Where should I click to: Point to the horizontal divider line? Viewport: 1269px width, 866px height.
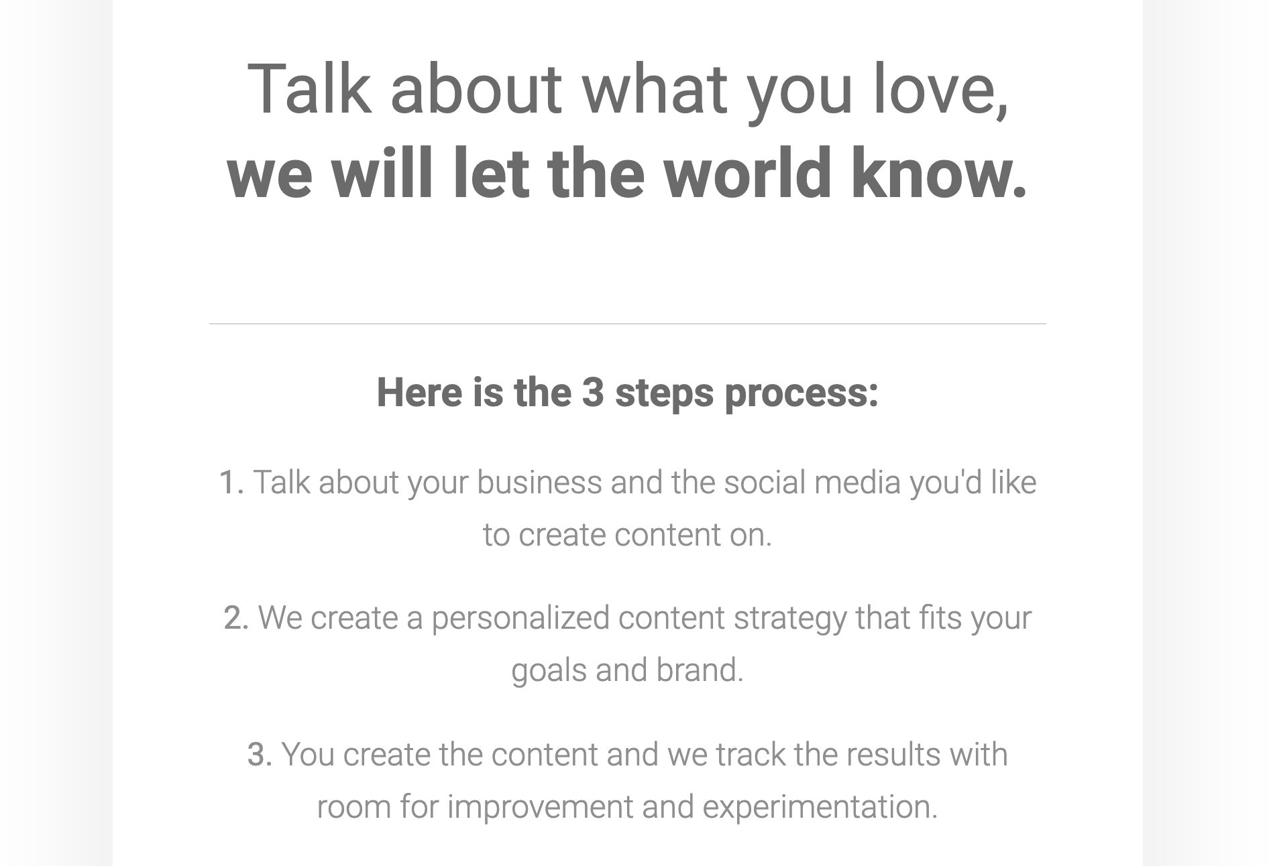click(627, 324)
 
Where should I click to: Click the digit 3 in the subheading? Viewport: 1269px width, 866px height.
click(592, 392)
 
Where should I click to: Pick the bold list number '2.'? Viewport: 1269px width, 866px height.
click(236, 618)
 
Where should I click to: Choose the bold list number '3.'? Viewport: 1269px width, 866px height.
click(260, 755)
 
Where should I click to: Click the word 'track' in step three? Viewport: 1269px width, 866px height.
click(751, 755)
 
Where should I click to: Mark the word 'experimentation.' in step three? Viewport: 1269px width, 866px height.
click(820, 807)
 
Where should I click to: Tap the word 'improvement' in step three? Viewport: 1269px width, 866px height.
click(540, 807)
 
